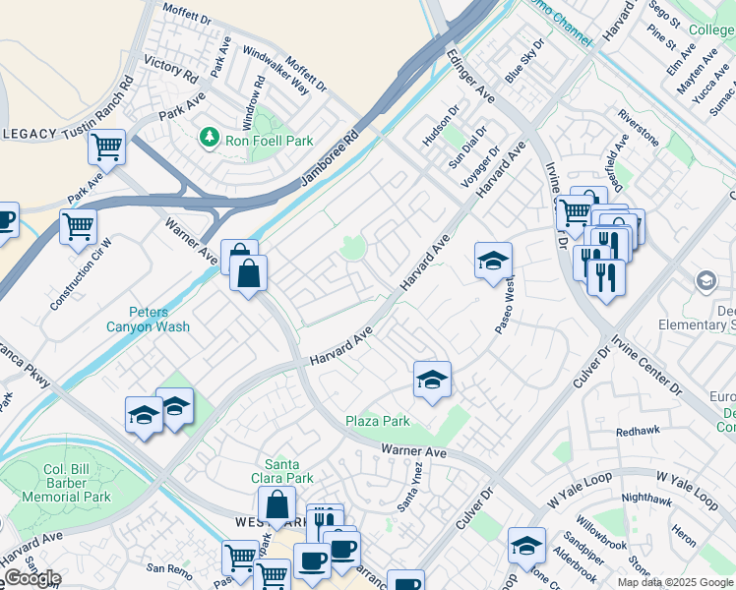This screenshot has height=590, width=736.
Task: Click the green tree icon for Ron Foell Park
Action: (209, 137)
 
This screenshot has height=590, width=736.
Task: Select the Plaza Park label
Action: (377, 421)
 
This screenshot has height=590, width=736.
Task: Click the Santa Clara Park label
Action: (289, 471)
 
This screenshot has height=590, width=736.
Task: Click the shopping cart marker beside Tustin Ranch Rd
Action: (106, 147)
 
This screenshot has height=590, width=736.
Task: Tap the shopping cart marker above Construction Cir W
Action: (78, 226)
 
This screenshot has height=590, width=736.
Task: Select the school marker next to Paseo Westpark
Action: (493, 261)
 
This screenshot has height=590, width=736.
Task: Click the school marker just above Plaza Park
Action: (432, 379)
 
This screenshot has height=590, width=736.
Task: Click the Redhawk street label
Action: (637, 432)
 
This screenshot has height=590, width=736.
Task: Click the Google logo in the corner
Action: (31, 578)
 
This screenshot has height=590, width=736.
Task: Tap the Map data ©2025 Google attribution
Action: (675, 582)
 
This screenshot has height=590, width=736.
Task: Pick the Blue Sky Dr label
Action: (524, 62)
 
